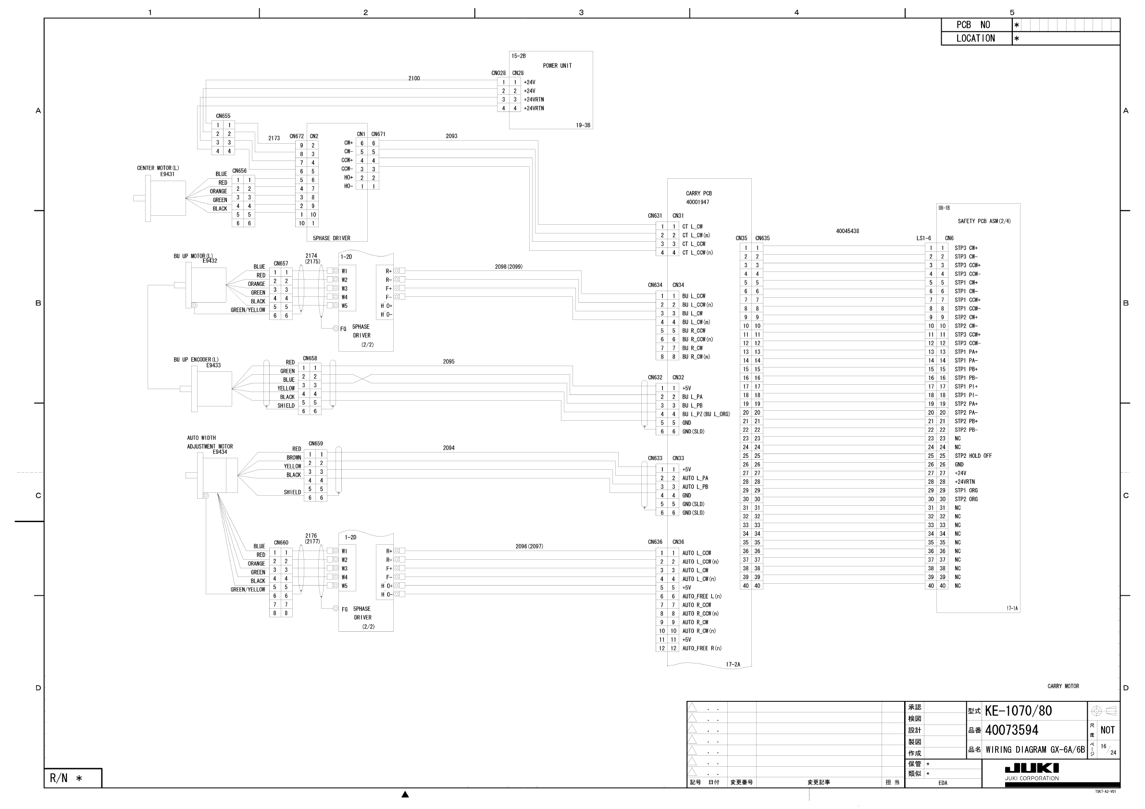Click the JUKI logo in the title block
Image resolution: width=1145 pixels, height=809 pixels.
tap(1031, 768)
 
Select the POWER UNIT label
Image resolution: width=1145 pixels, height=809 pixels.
tap(557, 66)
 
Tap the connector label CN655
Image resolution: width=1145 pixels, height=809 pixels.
tap(223, 116)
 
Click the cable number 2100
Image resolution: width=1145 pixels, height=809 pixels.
tap(414, 78)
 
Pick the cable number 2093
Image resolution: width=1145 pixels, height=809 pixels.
tap(451, 136)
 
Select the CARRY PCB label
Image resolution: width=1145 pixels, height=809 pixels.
tap(698, 194)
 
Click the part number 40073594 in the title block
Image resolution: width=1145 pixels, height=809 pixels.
tap(1012, 730)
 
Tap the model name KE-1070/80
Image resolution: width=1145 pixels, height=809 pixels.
tap(1018, 711)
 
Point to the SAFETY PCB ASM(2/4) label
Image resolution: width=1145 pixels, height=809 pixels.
tap(984, 221)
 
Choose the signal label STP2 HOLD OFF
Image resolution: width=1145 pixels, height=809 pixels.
tap(973, 456)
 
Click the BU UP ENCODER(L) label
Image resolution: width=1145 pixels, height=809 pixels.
tap(196, 360)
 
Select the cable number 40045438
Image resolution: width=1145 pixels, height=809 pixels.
tap(847, 231)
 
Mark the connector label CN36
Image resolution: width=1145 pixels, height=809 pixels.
tap(678, 542)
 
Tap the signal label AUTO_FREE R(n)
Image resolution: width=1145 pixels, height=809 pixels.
tap(702, 649)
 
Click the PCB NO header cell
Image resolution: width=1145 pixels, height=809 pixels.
tap(973, 25)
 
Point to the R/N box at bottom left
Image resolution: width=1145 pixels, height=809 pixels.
tap(73, 778)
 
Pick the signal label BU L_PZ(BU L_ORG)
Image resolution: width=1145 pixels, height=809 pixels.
tap(706, 414)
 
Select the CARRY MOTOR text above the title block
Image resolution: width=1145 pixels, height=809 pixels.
tap(1063, 686)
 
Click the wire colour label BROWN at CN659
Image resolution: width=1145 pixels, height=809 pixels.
tap(294, 458)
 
